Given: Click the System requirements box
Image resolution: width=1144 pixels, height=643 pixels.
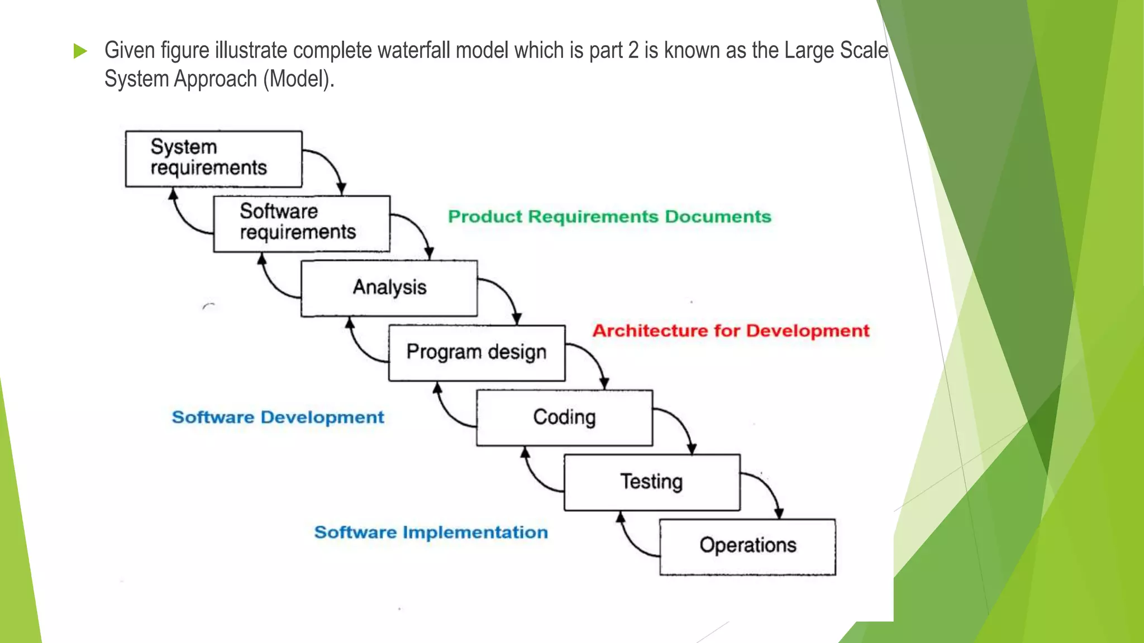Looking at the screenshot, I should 213,159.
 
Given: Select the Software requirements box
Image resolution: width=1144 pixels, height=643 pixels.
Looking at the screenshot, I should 302,223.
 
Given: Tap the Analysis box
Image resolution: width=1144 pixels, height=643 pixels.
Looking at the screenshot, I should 389,288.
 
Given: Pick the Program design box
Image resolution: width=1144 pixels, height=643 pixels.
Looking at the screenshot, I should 476,353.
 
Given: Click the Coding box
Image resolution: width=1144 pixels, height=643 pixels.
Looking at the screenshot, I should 564,418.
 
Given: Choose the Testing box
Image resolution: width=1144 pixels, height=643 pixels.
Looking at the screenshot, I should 652,482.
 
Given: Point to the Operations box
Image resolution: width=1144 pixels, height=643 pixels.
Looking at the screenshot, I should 747,546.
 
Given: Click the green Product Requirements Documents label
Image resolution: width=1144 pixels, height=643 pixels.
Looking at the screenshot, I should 609,217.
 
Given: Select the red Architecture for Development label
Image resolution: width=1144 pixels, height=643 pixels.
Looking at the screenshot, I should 731,331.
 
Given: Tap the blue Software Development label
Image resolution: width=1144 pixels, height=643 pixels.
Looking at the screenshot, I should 278,418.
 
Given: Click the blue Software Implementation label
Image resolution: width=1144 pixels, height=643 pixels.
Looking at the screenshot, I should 431,532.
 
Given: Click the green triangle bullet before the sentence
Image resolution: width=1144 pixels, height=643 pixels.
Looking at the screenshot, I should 80,51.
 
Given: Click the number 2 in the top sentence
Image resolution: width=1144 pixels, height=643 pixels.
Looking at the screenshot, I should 633,51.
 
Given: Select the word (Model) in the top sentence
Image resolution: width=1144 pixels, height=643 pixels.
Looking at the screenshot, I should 299,79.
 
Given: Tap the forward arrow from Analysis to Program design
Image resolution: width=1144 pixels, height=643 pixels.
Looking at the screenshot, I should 506,293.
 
